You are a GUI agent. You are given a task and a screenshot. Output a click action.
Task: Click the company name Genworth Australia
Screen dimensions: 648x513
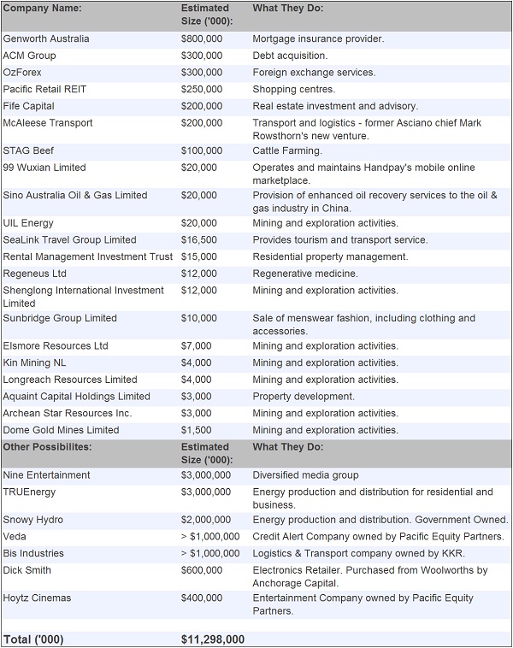[x=46, y=38]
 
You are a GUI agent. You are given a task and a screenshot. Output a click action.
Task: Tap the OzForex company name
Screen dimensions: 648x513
[x=22, y=73]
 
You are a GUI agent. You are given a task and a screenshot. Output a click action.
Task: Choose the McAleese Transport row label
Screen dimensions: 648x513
[x=48, y=123]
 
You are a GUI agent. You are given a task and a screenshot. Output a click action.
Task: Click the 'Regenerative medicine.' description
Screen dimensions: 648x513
[x=305, y=274]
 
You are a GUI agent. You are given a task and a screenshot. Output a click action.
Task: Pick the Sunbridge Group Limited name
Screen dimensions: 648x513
[x=60, y=318]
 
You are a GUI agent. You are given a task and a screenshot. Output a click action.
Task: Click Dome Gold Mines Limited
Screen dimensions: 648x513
[x=61, y=430]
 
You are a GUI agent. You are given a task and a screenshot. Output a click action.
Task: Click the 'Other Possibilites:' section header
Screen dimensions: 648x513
[x=47, y=447]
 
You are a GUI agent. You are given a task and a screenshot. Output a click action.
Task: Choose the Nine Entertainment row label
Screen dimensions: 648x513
[x=46, y=475]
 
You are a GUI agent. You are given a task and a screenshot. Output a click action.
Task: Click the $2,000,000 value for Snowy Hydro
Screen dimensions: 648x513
[x=205, y=520]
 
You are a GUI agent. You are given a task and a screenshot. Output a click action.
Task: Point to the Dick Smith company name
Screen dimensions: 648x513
[x=27, y=570]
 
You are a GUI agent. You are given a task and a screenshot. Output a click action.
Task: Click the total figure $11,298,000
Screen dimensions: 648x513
[x=213, y=639]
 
